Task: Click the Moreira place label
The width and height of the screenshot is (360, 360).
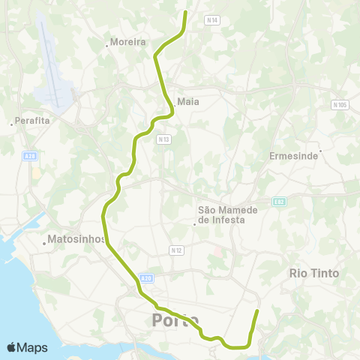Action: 127,43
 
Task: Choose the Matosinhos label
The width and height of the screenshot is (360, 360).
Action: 74,241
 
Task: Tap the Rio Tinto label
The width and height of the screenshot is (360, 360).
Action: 313,274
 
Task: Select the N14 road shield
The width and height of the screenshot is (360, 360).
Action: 211,21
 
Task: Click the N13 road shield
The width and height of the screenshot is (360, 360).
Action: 163,139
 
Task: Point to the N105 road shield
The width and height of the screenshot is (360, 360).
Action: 341,105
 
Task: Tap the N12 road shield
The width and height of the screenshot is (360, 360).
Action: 177,250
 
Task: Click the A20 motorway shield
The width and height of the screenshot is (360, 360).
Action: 146,278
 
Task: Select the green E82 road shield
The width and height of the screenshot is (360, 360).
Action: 280,202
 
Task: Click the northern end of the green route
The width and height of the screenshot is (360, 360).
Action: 186,12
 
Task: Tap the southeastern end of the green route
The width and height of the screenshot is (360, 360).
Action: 257,310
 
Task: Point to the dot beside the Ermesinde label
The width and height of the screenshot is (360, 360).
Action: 319,151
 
